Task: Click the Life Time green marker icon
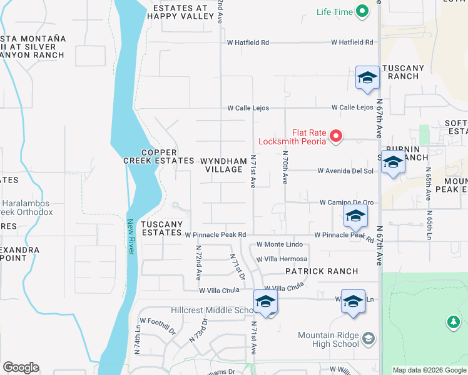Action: [362, 11]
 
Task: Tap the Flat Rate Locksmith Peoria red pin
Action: [336, 136]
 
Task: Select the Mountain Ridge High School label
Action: [328, 339]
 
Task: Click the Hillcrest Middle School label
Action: [211, 310]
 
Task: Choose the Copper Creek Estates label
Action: [158, 156]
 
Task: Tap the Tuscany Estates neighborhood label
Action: [161, 228]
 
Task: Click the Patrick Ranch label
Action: [322, 271]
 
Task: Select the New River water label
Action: [131, 236]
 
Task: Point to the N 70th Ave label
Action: [285, 167]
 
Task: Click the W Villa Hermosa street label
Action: [282, 259]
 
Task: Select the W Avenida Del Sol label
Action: [345, 171]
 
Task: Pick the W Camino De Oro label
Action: [347, 202]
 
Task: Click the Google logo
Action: [21, 367]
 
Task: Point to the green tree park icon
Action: [453, 322]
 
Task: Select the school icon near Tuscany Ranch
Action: [367, 77]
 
